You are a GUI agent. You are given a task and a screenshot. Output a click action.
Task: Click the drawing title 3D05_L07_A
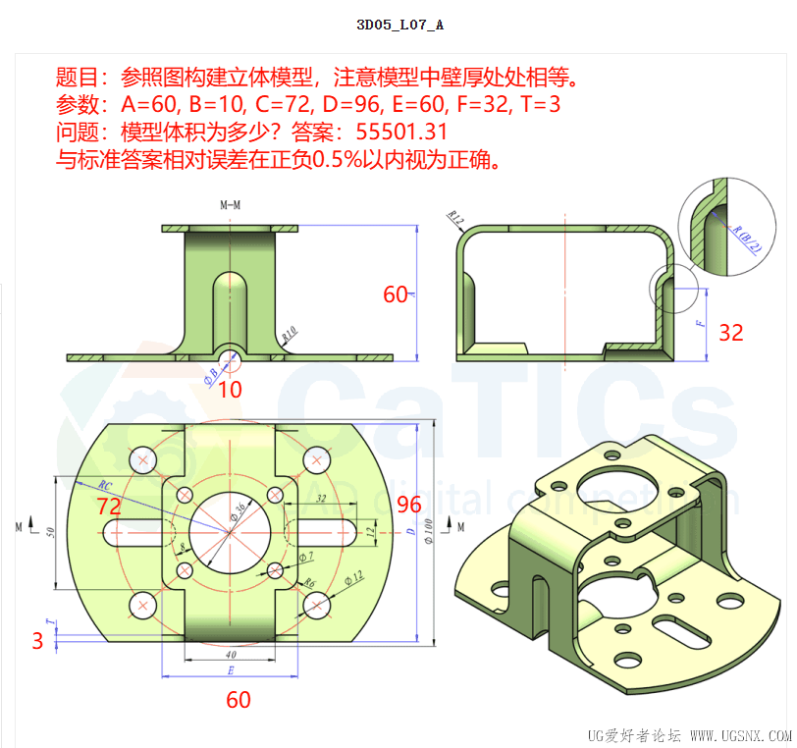pos(399,25)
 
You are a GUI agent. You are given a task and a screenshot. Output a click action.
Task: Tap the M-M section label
pos(231,205)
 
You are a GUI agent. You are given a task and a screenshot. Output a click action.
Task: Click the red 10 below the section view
pos(230,390)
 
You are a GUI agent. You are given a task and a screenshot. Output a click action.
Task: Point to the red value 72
pos(108,507)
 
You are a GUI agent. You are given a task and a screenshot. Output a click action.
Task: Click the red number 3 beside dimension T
pos(37,641)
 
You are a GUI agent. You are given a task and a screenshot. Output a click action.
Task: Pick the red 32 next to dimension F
pos(730,333)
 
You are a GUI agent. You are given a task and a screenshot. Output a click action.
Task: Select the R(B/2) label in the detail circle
pos(747,237)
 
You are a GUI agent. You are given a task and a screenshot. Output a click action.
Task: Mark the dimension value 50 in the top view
pos(51,532)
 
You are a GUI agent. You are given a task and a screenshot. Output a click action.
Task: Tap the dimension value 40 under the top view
pos(231,655)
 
